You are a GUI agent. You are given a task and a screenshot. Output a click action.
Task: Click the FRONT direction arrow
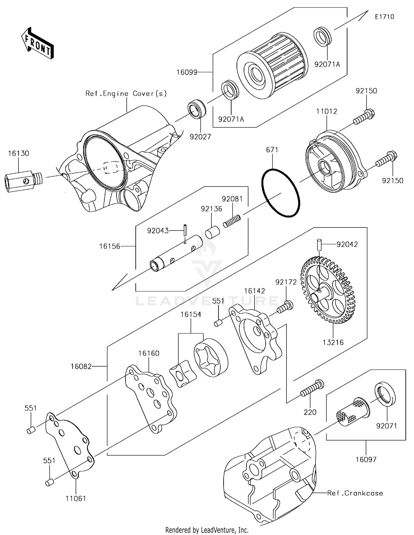(x=37, y=43)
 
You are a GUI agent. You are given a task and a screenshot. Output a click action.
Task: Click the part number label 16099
(x=187, y=73)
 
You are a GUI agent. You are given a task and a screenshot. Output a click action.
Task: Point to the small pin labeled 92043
(x=185, y=230)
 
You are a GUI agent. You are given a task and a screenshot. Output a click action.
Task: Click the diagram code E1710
(x=384, y=17)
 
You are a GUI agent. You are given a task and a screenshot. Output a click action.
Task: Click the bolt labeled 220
(x=312, y=388)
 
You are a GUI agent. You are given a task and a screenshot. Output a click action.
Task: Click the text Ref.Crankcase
(x=355, y=493)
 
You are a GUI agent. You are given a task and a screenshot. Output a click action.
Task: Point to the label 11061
(x=76, y=498)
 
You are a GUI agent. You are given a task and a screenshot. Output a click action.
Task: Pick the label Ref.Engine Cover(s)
(x=126, y=94)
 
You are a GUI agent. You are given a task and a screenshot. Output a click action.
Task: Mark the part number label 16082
(x=81, y=366)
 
